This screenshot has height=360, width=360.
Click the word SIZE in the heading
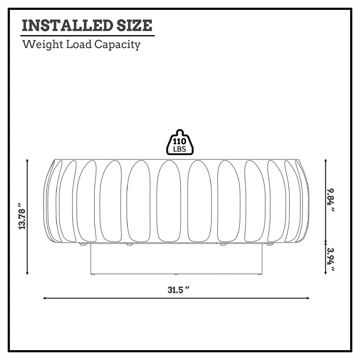[x=134, y=25]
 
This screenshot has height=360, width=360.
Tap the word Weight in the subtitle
[x=43, y=45]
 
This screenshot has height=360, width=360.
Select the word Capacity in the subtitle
[x=117, y=45]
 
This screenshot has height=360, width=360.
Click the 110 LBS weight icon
[x=180, y=142]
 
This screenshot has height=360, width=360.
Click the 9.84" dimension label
[x=331, y=200]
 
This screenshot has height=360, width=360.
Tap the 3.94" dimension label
[x=331, y=259]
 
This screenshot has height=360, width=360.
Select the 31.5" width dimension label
[x=178, y=290]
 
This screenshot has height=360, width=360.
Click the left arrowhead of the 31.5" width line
[x=44, y=298]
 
